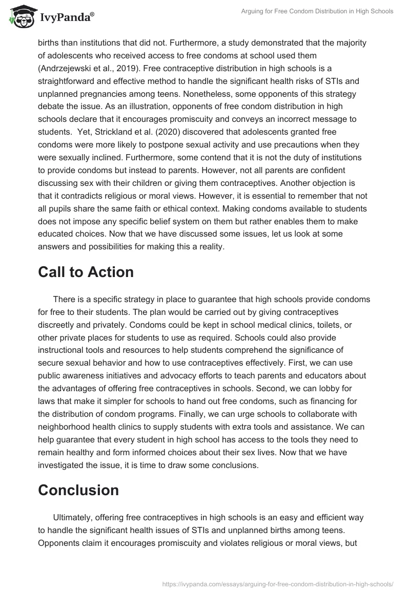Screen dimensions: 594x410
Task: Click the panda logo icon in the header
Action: tap(20, 17)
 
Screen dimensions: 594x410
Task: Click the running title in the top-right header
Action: tap(317, 11)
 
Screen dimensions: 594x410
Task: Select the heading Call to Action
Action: tap(86, 272)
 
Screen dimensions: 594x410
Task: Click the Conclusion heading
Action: tap(78, 490)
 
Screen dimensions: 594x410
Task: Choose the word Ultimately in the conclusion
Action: tap(73, 517)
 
